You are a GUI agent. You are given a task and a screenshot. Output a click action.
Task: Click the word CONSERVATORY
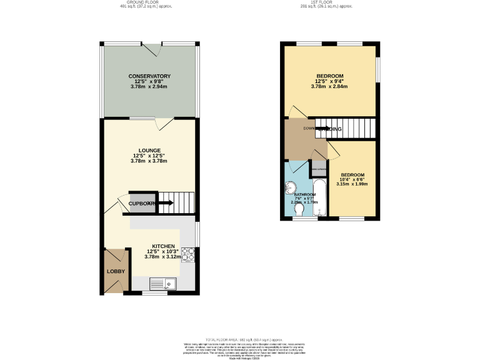pos(149,76)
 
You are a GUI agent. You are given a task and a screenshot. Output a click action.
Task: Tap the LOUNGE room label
pos(149,150)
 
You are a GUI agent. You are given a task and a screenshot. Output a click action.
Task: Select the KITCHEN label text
pos(163,246)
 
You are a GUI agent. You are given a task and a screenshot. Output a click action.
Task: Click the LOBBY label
pos(116,271)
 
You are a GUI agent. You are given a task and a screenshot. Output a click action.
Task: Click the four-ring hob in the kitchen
pos(187,255)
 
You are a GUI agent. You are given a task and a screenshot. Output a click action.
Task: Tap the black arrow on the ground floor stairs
pos(166,202)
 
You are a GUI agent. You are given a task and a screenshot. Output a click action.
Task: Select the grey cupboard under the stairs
pos(140,202)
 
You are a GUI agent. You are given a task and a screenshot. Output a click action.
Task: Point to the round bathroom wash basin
pos(290,188)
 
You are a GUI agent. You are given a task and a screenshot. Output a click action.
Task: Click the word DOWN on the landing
pos(308,129)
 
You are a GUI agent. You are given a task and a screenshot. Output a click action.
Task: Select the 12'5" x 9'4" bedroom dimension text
pos(329,81)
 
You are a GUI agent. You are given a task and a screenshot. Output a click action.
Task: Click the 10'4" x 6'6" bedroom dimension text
pos(352,179)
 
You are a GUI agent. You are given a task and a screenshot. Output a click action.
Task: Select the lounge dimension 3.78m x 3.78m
pos(149,161)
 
